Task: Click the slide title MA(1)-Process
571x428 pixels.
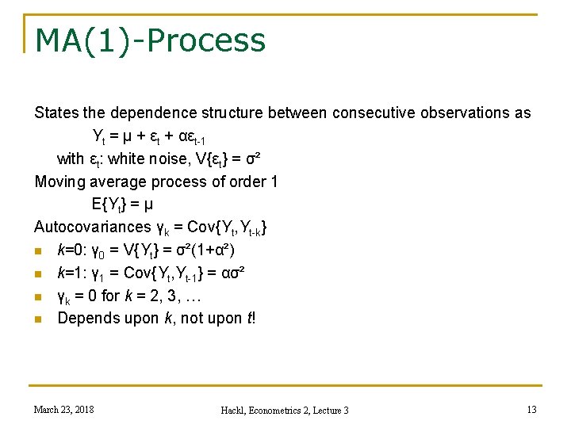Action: pos(150,39)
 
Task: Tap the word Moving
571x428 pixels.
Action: pos(63,182)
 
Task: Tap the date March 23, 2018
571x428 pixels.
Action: pos(63,409)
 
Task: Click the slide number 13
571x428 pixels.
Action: pos(531,409)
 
